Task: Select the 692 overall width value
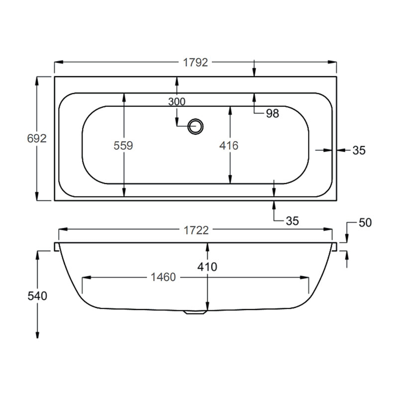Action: point(36,139)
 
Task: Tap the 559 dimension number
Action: point(124,145)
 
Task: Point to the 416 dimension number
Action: point(229,145)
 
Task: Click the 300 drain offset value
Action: point(177,102)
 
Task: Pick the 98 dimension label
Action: point(272,113)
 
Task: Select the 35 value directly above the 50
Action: point(359,150)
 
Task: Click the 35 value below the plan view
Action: point(293,221)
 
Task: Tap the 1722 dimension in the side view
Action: point(196,230)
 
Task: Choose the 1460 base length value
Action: point(163,277)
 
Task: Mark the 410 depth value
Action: point(207,267)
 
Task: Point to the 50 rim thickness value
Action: point(365,222)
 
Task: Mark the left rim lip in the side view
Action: point(56,247)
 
